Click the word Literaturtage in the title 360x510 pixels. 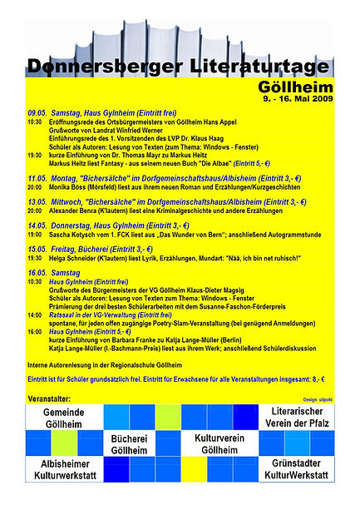[x=258, y=66]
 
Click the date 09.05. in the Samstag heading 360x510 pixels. [x=37, y=113]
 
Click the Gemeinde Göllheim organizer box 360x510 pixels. [x=62, y=418]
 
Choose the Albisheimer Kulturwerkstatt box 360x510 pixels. [x=62, y=469]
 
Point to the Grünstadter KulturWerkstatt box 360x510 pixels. [x=297, y=469]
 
